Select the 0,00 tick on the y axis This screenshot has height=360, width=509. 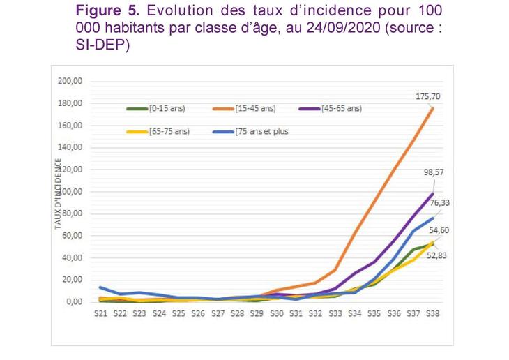pyautogui.click(x=75, y=301)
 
